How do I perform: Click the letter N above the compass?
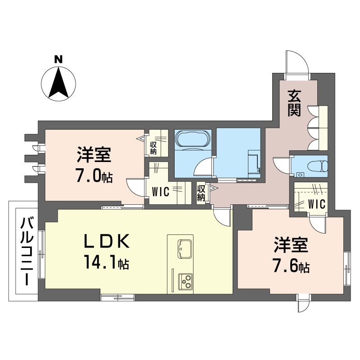58,59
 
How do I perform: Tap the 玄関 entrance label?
294,103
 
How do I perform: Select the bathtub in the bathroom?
193,140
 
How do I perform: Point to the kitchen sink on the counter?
185,249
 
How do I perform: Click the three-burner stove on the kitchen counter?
185,282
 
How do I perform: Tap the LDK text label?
107,241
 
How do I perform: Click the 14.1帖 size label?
107,262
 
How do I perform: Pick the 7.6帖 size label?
291,266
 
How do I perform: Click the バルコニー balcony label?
27,252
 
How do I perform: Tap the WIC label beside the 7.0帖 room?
161,192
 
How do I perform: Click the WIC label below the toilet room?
317,204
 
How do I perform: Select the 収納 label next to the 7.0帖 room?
153,148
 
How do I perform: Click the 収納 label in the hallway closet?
201,193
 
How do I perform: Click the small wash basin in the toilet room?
300,175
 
